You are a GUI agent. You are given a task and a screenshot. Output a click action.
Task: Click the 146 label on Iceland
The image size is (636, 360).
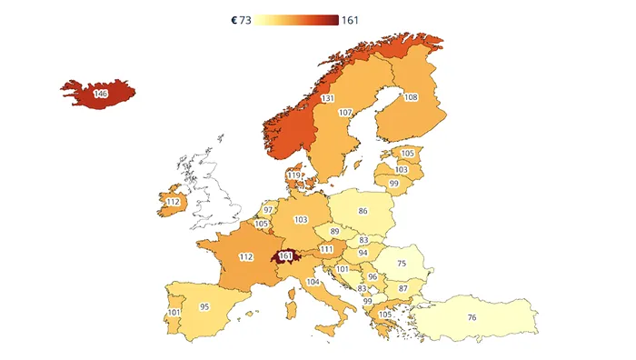(x=100, y=93)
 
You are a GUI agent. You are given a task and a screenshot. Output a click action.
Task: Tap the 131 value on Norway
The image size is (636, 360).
(x=328, y=98)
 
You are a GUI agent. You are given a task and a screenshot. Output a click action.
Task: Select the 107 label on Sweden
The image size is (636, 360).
(x=345, y=112)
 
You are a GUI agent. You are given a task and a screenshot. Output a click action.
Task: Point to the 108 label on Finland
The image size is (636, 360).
(x=411, y=97)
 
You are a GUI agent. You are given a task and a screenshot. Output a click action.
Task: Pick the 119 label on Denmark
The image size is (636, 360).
(x=293, y=175)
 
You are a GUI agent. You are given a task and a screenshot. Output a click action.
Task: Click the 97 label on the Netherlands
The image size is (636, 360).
(x=268, y=210)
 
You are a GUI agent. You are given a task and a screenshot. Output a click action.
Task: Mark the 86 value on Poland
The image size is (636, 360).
(x=363, y=210)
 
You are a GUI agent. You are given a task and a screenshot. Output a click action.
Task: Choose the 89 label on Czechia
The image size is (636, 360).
(x=334, y=232)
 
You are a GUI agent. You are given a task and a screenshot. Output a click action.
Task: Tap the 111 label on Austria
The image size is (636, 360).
(x=326, y=248)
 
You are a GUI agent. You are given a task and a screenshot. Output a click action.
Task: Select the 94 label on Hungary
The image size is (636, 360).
(x=363, y=253)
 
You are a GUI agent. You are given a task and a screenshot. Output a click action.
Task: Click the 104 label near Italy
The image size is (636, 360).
(x=313, y=282)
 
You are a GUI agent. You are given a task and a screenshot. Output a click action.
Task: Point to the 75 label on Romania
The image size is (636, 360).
(x=402, y=263)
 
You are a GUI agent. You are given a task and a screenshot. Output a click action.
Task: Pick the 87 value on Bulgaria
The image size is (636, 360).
(x=403, y=288)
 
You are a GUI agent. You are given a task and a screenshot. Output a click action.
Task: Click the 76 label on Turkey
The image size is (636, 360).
(x=472, y=316)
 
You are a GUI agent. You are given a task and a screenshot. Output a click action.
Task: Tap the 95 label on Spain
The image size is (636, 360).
(x=204, y=306)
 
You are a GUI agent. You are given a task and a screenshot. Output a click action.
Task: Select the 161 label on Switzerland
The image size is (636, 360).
(x=287, y=255)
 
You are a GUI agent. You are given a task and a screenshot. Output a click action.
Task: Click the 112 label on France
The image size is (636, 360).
(x=245, y=257)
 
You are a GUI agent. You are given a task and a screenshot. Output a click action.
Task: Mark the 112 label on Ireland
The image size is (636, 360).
(x=174, y=201)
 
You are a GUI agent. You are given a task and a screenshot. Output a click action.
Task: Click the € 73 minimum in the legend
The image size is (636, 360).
(x=242, y=21)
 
